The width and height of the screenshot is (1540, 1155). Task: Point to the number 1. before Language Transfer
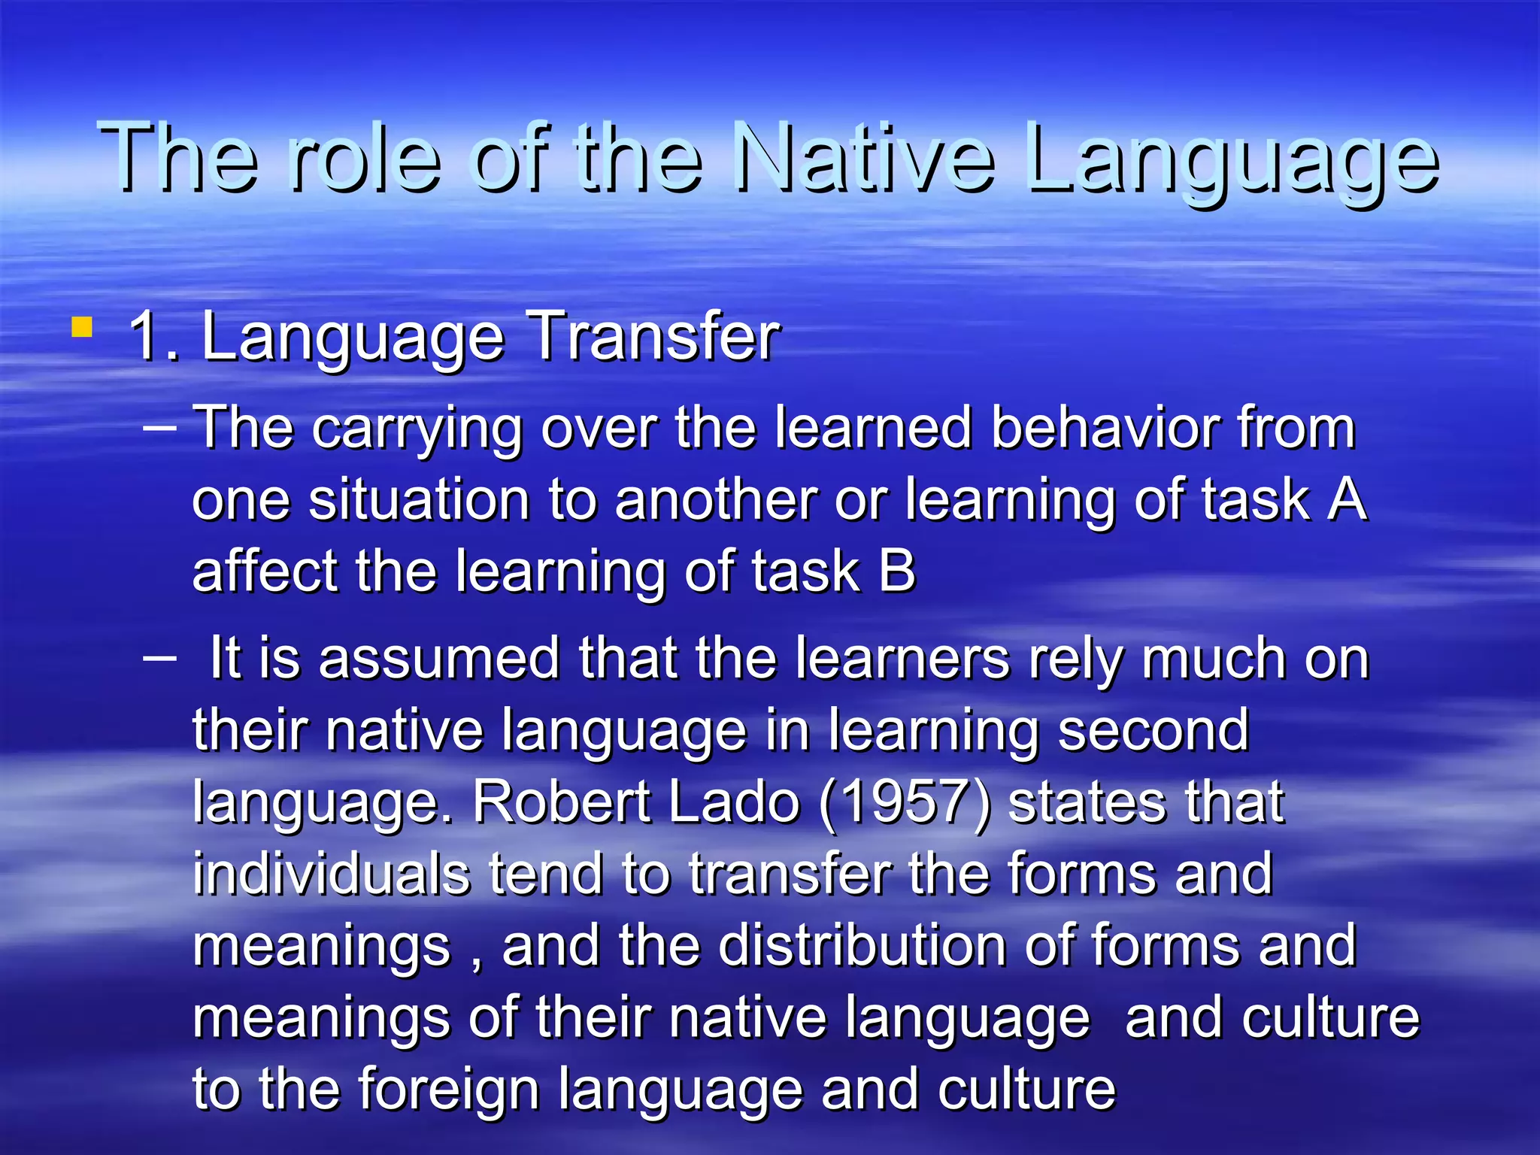click(x=153, y=336)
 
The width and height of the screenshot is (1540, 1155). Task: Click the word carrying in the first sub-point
click(x=417, y=429)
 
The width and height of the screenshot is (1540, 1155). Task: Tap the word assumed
click(x=439, y=658)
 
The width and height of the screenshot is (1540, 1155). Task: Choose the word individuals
click(x=332, y=874)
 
